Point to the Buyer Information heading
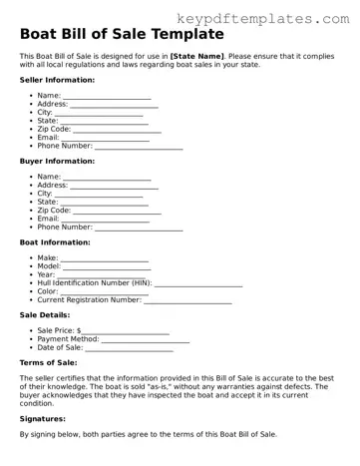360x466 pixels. [57, 160]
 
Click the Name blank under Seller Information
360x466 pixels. [107, 97]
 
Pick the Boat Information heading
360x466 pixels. [55, 241]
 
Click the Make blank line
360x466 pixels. [105, 258]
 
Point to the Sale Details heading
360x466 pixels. [46, 314]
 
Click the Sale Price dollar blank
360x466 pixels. [126, 331]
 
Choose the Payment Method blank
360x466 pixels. [146, 339]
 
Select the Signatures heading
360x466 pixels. [46, 419]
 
